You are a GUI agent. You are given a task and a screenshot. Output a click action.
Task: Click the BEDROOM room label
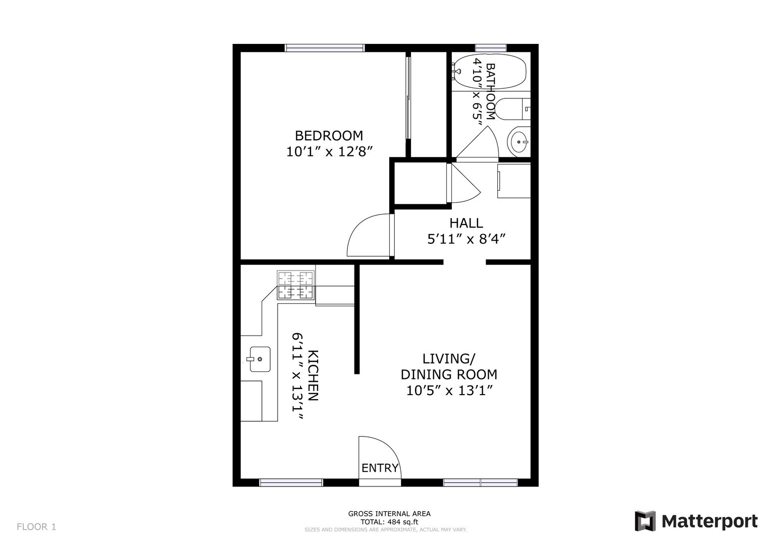[x=329, y=136]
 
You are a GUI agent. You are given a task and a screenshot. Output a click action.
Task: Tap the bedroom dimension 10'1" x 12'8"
[x=329, y=151]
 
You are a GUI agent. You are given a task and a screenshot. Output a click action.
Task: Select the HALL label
[x=466, y=223]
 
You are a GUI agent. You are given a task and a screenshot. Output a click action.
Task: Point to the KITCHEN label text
[x=313, y=375]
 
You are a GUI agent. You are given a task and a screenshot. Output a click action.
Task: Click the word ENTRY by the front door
[x=380, y=468]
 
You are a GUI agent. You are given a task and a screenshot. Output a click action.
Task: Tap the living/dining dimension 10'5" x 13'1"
[x=450, y=391]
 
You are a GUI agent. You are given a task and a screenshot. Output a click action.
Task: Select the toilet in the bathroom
[x=512, y=109]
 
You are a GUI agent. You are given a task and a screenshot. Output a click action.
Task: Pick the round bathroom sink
[x=519, y=141]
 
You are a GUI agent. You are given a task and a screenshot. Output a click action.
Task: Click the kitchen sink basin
[x=260, y=359]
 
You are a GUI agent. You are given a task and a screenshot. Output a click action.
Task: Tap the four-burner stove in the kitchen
[x=296, y=285]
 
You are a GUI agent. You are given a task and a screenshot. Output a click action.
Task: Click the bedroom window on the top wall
[x=324, y=48]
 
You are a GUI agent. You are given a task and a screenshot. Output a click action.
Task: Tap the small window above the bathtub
[x=491, y=48]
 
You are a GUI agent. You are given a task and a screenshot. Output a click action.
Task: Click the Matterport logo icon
[x=645, y=521]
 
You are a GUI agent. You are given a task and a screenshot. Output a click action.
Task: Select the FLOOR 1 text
[x=36, y=527]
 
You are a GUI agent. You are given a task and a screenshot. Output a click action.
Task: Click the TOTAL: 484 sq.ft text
[x=389, y=522]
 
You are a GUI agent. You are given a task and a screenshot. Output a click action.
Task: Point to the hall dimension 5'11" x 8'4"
[x=467, y=239]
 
